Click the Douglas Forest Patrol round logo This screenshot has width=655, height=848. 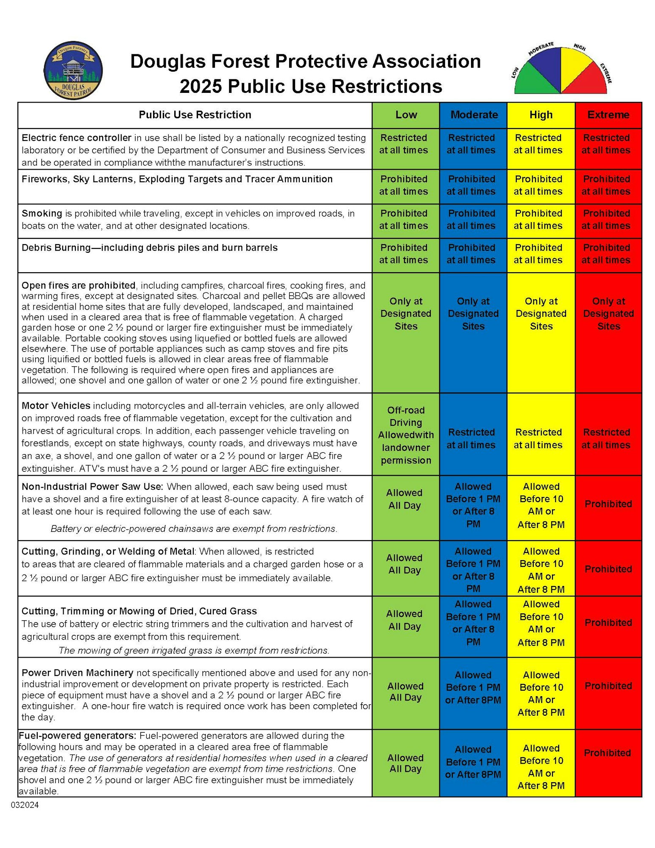click(73, 70)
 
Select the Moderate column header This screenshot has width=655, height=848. click(474, 115)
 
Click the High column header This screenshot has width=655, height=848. click(541, 115)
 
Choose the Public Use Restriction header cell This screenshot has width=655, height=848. click(195, 115)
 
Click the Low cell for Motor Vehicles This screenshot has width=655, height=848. click(406, 435)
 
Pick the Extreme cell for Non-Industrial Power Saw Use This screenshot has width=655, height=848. click(608, 504)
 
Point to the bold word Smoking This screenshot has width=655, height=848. click(42, 213)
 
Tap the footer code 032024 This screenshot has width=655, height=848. click(25, 805)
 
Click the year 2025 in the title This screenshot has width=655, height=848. click(201, 86)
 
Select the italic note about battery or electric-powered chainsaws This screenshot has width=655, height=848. click(194, 529)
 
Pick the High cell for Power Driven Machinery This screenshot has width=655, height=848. click(541, 693)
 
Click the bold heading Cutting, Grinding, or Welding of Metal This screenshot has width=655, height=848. click(108, 552)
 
